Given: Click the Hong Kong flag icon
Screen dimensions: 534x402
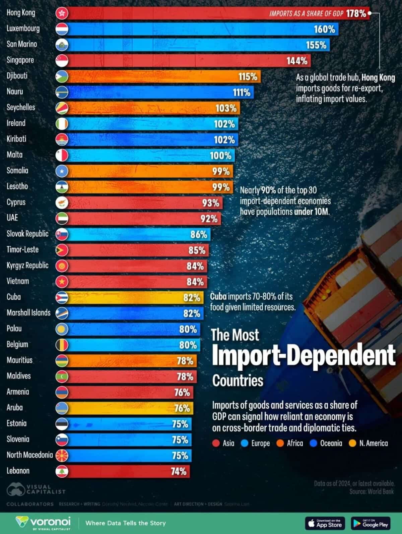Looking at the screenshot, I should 62,13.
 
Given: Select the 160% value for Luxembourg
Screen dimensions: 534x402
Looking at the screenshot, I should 324,29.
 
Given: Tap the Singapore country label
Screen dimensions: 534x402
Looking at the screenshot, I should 20,60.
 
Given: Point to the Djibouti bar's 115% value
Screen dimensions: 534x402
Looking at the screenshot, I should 248,76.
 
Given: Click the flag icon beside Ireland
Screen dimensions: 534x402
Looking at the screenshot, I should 62,124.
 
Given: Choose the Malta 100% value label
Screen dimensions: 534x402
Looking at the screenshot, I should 220,156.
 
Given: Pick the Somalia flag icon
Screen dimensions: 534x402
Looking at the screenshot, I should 62,171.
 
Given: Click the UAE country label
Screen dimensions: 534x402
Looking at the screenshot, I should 12,218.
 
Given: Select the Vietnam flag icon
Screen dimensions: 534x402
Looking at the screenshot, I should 62,282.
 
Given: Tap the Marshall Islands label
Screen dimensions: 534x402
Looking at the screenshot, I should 28,313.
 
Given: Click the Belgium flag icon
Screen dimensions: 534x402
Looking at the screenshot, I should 62,345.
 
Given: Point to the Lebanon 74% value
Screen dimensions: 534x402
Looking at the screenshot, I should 178,471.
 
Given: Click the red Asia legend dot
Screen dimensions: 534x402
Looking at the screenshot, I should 216,443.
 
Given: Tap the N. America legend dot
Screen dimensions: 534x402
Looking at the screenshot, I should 352,443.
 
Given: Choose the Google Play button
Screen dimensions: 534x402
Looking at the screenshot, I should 371,523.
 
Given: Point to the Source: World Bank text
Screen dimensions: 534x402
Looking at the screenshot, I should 372,491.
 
